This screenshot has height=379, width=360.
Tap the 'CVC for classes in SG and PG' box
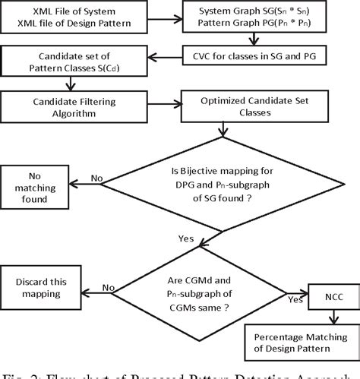point(268,57)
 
